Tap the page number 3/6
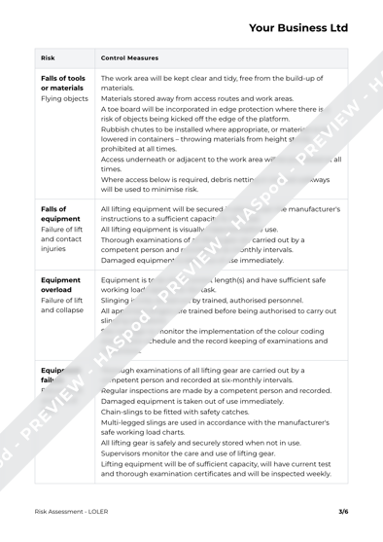tap(342, 510)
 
